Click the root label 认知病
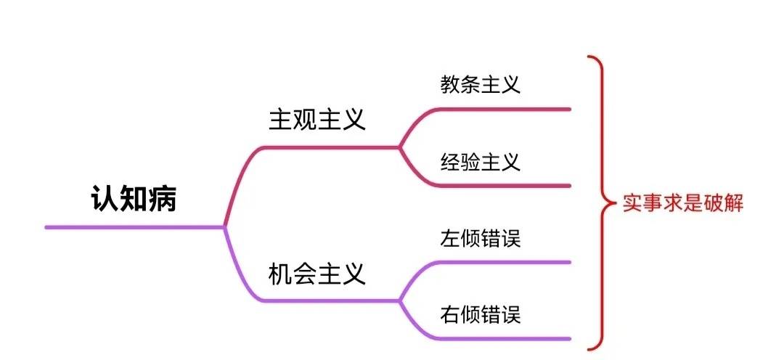click(x=134, y=198)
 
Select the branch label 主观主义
click(x=317, y=120)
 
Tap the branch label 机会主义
click(x=317, y=274)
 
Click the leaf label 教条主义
click(x=481, y=84)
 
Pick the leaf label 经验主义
click(x=481, y=162)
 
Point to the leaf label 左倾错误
click(x=481, y=239)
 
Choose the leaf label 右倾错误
click(x=481, y=315)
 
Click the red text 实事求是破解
click(x=683, y=203)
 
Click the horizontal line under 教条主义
click(x=505, y=109)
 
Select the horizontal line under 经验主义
click(x=505, y=186)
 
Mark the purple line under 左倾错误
click(x=505, y=262)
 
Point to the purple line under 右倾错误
click(x=505, y=338)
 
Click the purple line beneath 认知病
click(x=135, y=227)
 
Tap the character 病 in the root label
click(x=163, y=198)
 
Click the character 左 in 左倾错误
click(x=450, y=239)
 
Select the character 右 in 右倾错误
click(x=450, y=315)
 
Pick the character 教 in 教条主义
click(x=450, y=84)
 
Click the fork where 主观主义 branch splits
click(x=399, y=147)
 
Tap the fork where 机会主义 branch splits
click(x=399, y=300)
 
